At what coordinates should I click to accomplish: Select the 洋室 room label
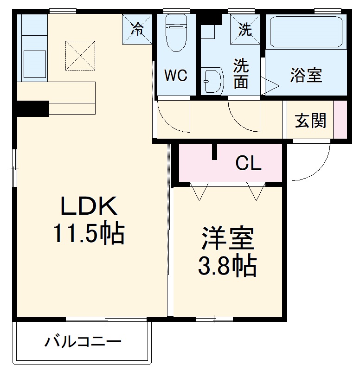[227, 239]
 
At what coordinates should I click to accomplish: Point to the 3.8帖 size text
[227, 266]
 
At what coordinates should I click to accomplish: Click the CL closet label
[248, 163]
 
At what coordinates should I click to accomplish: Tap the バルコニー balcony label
[83, 343]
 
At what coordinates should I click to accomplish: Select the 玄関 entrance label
[310, 121]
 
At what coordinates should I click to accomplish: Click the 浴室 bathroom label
[306, 75]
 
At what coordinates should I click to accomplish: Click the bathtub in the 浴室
[306, 32]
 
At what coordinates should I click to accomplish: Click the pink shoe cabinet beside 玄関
[341, 119]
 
